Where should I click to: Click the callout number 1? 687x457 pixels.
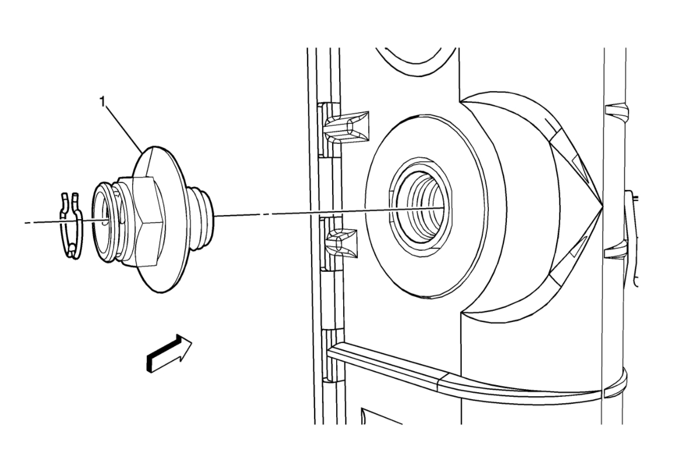(103, 102)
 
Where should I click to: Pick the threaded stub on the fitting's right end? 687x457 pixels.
(205, 214)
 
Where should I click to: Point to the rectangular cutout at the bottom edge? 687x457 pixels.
(380, 416)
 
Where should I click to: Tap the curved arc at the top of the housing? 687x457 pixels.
(415, 65)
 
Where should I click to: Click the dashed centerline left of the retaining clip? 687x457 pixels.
(41, 222)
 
